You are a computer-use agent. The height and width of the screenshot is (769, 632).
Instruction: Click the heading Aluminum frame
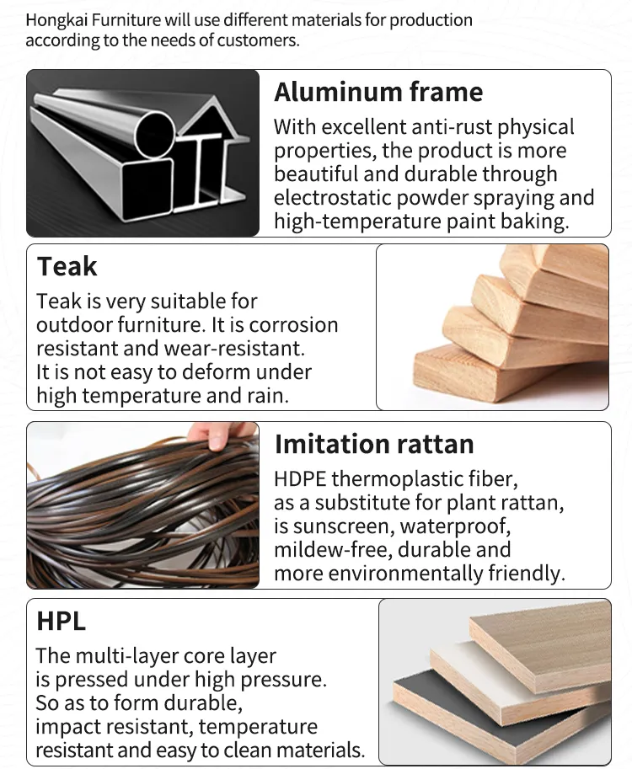[x=378, y=92]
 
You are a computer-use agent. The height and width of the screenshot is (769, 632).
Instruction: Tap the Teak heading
[x=67, y=267]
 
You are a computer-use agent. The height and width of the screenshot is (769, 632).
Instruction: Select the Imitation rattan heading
[x=374, y=444]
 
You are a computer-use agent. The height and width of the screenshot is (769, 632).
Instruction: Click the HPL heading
[x=61, y=621]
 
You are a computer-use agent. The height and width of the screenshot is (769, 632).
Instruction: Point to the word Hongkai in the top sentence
[x=55, y=20]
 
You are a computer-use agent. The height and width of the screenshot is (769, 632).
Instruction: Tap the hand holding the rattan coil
[x=220, y=435]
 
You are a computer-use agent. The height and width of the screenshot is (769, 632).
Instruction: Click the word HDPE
[x=299, y=479]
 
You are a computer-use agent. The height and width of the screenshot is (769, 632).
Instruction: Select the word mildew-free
[x=332, y=550]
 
